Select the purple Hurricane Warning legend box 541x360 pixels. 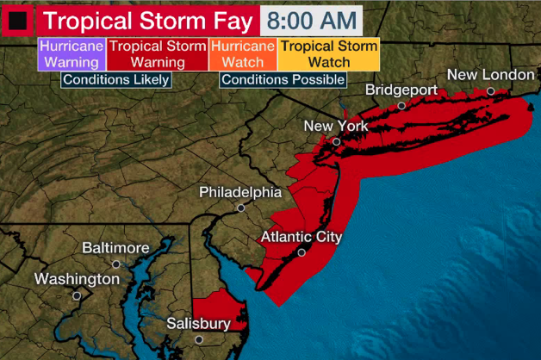coord(72,53)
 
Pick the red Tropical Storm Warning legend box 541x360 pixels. coord(157,53)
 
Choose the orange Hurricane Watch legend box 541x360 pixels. coord(242,53)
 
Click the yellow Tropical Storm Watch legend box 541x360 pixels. coord(329,53)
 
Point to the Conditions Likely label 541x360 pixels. coord(115,79)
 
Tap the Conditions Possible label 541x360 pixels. coord(283,79)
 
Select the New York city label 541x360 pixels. coord(336,127)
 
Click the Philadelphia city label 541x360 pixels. coord(240,191)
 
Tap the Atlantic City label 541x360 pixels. coord(301,237)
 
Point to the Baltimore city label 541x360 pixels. coord(115,248)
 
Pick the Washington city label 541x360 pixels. coord(77,279)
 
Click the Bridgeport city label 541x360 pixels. coord(401,90)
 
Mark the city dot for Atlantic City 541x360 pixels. coord(302,252)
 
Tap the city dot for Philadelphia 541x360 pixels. coord(241,208)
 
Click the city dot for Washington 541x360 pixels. coord(77,295)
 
